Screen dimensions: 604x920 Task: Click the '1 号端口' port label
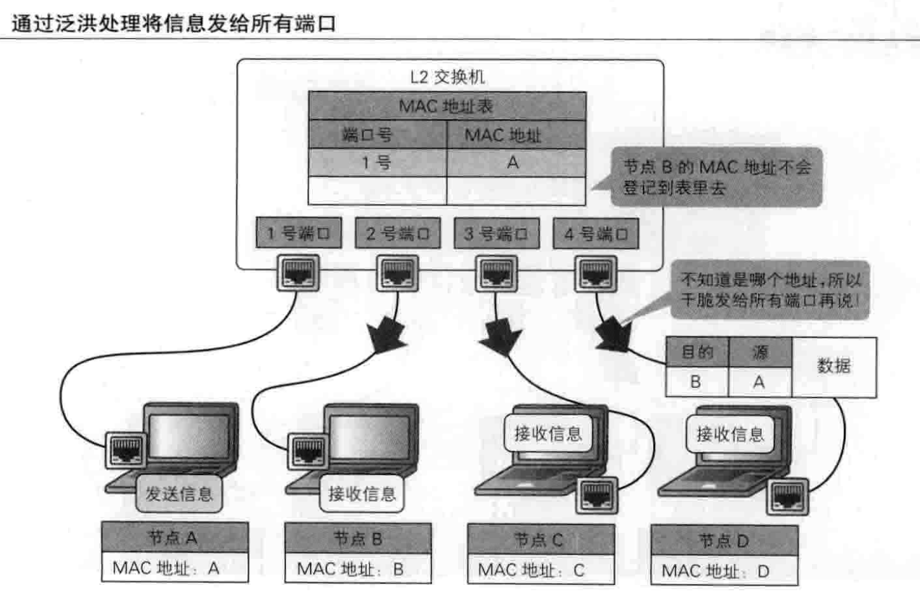click(x=299, y=233)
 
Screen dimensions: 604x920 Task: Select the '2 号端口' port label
click(x=398, y=233)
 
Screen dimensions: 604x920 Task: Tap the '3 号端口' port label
click(x=496, y=233)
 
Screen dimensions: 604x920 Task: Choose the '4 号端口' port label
click(x=595, y=234)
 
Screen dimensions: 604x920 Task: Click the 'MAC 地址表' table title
click(x=447, y=106)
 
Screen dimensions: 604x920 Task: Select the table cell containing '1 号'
click(x=377, y=163)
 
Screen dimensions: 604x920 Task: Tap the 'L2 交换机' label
click(x=447, y=77)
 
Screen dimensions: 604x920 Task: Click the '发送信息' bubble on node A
click(x=179, y=494)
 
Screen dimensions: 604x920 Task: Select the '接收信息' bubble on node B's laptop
click(x=362, y=494)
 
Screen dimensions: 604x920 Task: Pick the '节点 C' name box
click(x=541, y=540)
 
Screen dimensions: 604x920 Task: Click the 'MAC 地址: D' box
click(x=724, y=570)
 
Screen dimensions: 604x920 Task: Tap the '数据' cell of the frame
click(x=834, y=367)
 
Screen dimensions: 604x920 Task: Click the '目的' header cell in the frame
click(x=697, y=352)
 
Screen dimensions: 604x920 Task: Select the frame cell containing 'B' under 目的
click(x=696, y=381)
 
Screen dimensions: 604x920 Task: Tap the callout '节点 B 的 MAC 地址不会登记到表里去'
click(x=717, y=177)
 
